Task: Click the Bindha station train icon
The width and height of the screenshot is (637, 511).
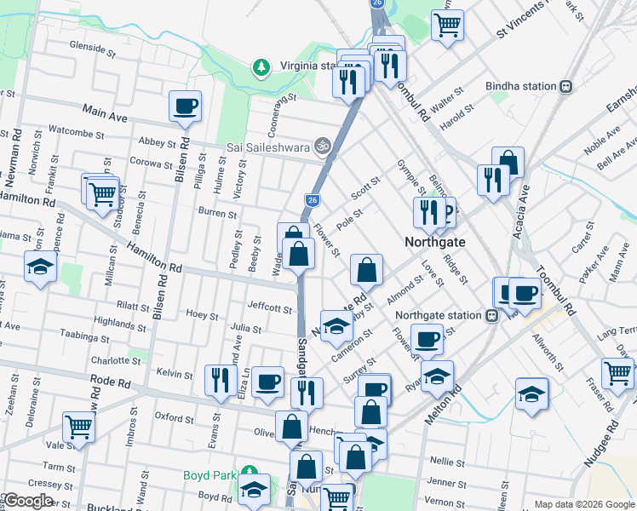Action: (x=565, y=86)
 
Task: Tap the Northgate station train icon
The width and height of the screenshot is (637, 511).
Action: (x=491, y=315)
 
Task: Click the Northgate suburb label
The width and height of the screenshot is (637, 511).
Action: (x=434, y=242)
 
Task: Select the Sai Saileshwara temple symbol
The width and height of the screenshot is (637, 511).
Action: (x=320, y=146)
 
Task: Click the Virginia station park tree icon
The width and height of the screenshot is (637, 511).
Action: (x=261, y=66)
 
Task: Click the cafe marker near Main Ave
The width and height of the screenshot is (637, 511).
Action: (x=185, y=106)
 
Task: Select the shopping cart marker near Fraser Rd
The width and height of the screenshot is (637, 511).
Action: (x=617, y=372)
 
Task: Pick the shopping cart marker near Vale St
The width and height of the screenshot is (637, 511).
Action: (x=78, y=426)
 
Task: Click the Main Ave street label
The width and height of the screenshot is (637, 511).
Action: (x=104, y=111)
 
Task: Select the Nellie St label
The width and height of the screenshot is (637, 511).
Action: (x=447, y=461)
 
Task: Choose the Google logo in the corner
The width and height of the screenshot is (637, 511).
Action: (x=28, y=500)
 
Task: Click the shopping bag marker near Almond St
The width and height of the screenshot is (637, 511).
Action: (x=365, y=270)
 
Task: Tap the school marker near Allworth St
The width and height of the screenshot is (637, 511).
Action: (x=532, y=393)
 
